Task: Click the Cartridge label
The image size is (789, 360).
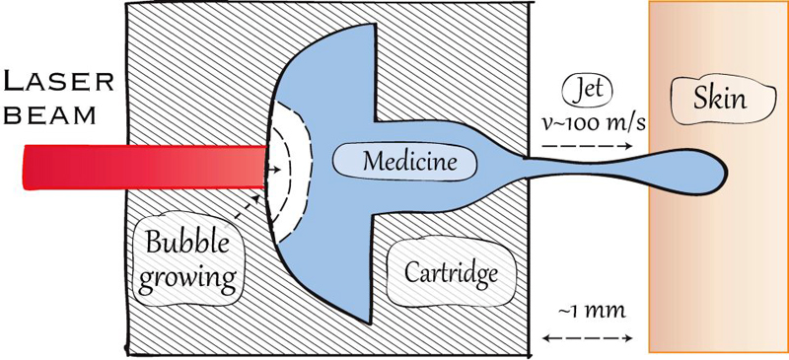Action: [x=445, y=271]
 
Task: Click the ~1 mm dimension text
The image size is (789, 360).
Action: [x=588, y=314]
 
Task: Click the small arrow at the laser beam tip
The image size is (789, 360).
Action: [x=268, y=166]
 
